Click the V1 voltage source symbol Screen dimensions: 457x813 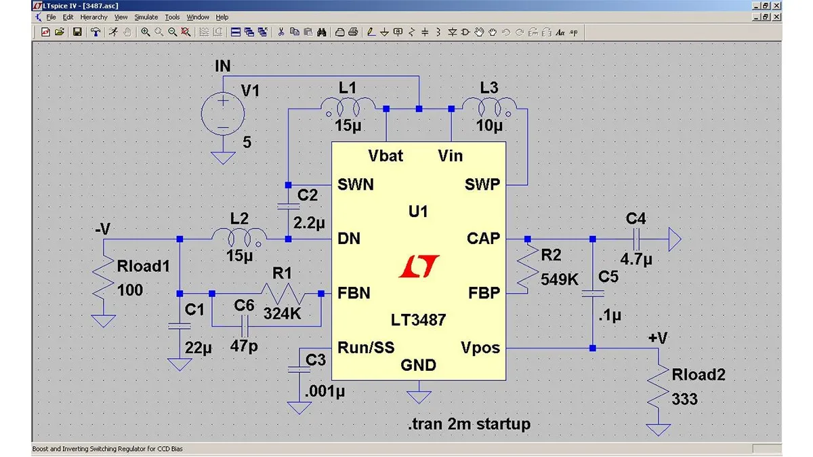(x=222, y=113)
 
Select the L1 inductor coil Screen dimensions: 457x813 (x=347, y=106)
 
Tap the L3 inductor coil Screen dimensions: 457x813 (x=488, y=106)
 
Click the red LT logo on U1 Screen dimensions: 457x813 (x=419, y=266)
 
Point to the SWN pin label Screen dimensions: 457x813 (x=356, y=184)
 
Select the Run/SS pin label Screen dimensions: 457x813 (x=366, y=348)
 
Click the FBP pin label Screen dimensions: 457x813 (x=484, y=294)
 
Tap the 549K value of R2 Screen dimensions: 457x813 (x=559, y=279)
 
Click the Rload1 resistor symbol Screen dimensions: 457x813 (x=104, y=279)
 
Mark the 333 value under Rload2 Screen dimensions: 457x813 (x=685, y=399)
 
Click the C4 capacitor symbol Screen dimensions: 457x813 (x=636, y=239)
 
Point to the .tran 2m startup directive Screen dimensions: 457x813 (x=469, y=424)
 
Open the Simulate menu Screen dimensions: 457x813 (x=146, y=17)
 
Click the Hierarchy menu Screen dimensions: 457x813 (x=93, y=17)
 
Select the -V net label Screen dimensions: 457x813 (x=103, y=229)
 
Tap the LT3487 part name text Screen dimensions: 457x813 (x=418, y=319)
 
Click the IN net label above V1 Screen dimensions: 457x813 (x=222, y=66)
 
